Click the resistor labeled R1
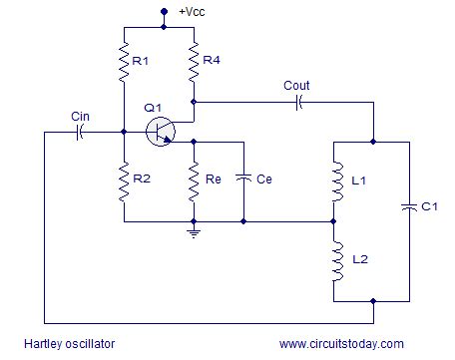click(x=124, y=62)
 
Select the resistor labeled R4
click(x=194, y=62)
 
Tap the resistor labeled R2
click(x=124, y=180)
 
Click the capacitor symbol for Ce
click(x=243, y=179)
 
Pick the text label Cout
click(x=296, y=85)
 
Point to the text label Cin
click(x=80, y=116)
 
